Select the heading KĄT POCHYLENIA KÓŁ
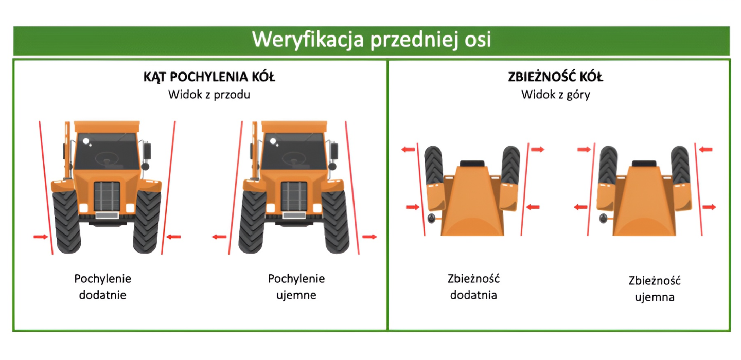209,78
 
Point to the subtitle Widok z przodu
209,95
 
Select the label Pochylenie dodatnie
102,286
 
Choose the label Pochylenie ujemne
296,286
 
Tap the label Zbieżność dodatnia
474,287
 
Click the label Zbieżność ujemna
654,289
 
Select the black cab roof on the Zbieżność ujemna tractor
644,164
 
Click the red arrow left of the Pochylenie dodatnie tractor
41,237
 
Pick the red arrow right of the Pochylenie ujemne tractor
369,237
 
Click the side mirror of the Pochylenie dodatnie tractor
148,150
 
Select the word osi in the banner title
476,40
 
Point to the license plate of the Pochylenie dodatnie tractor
107,216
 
